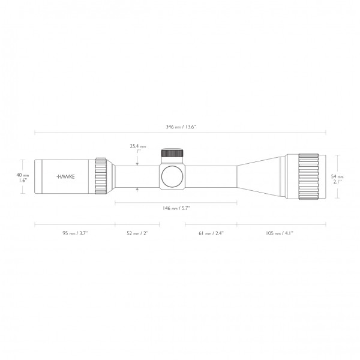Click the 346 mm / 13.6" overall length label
180,127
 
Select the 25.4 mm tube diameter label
138,146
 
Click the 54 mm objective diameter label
337,177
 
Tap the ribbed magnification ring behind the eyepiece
101,176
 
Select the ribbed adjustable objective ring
307,176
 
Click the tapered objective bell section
259,176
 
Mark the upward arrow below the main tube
137,190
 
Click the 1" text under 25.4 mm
137,151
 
